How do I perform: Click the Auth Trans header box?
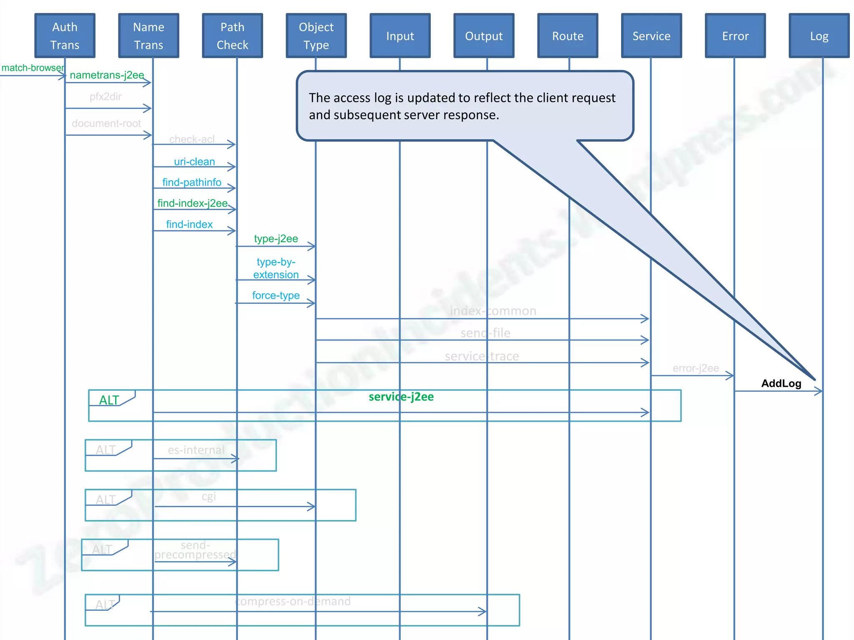click(65, 36)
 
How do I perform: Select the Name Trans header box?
click(149, 36)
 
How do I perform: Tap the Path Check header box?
click(233, 36)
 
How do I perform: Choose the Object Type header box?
click(316, 36)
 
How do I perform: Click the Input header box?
click(400, 36)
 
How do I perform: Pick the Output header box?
click(484, 36)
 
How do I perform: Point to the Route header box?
click(568, 36)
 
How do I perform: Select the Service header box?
click(652, 36)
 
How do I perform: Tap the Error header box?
click(736, 36)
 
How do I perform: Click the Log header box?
click(819, 36)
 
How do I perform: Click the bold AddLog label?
click(781, 383)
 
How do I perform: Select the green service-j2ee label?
click(401, 397)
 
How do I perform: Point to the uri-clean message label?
click(194, 162)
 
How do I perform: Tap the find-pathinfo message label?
click(192, 182)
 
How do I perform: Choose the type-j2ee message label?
click(276, 239)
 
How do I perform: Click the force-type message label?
click(276, 295)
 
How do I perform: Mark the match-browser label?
click(33, 68)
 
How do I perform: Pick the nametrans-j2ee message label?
click(107, 75)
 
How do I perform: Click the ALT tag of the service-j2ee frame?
click(109, 400)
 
